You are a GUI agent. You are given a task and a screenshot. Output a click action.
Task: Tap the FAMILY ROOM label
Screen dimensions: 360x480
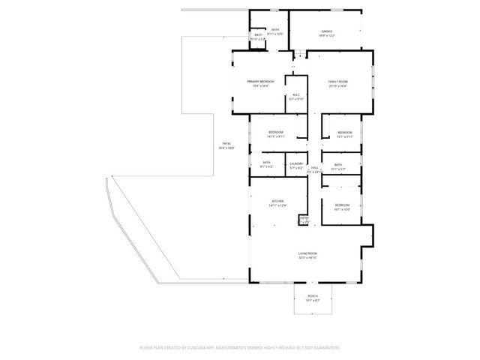337,83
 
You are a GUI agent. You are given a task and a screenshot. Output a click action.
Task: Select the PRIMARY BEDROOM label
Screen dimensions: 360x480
261,83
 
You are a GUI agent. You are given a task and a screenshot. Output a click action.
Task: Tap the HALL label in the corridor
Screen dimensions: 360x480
315,169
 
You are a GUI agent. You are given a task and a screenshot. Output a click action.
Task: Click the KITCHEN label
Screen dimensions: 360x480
277,203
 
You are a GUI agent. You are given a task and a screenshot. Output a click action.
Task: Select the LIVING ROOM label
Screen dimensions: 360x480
307,256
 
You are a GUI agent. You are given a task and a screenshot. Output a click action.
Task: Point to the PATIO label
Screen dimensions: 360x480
226,145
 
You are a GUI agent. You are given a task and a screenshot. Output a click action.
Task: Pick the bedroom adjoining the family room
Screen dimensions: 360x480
344,134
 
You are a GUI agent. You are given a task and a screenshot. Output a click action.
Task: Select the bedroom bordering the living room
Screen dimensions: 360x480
342,206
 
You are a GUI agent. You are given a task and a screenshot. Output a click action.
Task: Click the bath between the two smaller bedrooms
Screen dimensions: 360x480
338,166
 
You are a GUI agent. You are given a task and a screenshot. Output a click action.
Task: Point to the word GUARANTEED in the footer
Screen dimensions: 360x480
325,348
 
